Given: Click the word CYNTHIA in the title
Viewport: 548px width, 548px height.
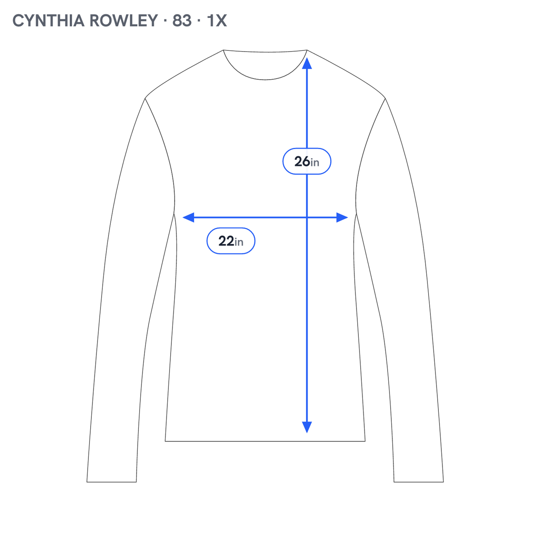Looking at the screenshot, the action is point(48,20).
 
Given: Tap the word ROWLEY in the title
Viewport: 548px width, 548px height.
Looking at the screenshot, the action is point(124,20).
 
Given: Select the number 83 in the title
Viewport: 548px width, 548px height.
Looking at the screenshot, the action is point(182,20).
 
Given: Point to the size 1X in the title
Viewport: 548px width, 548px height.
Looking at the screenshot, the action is point(217,20).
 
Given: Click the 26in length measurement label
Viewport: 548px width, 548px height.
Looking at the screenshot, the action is point(306,161).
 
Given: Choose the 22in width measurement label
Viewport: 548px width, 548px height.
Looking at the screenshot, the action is point(231,241).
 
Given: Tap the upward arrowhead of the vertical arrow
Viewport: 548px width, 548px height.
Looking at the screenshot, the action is point(307,63).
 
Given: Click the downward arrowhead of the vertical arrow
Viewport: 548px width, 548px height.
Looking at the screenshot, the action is point(307,427).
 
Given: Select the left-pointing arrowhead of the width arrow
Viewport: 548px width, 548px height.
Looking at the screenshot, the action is point(188,218).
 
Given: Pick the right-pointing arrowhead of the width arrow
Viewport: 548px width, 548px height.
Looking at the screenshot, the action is point(342,218).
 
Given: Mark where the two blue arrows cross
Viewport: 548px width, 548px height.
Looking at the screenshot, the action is point(307,218).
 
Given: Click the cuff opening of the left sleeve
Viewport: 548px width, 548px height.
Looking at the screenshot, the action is point(111,482).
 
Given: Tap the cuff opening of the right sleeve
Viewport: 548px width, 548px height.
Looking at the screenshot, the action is point(419,482).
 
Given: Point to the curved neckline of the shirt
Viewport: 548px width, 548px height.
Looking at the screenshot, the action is point(265,80).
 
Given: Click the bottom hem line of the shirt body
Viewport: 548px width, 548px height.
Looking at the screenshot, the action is point(265,441).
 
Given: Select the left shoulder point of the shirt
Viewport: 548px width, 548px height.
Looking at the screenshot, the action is point(145,98).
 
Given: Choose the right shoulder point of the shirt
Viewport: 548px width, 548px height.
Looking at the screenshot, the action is point(385,98).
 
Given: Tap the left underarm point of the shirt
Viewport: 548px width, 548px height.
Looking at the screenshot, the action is point(174,213).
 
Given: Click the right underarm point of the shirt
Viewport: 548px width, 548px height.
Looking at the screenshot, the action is point(356,213).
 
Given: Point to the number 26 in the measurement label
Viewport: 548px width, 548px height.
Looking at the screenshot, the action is point(302,161).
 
